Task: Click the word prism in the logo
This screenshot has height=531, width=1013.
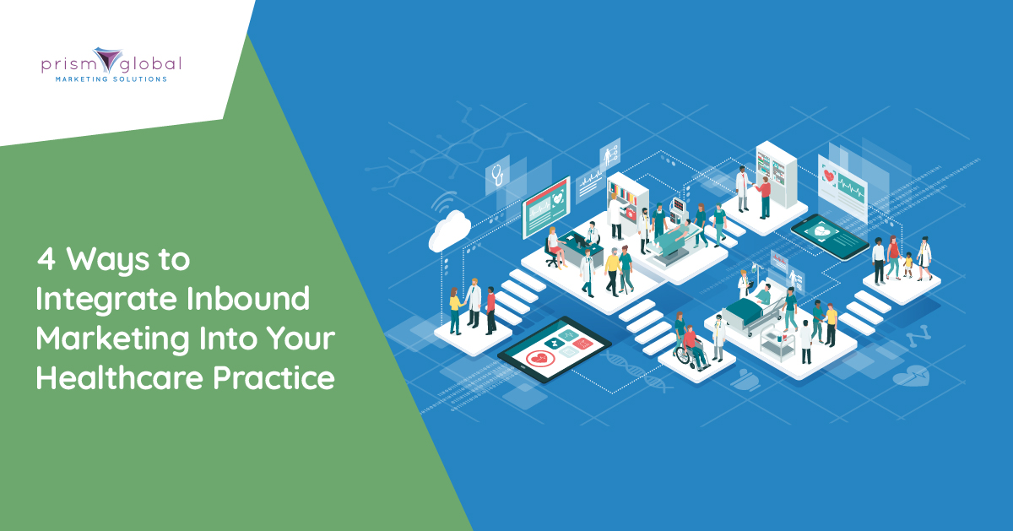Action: (67, 66)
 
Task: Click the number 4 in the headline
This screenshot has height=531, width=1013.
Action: (46, 260)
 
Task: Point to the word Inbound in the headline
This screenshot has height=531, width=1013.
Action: (248, 299)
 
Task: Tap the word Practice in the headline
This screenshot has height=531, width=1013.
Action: (274, 377)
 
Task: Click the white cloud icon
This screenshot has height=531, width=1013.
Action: (449, 230)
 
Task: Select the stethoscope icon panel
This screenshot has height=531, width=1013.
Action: (497, 175)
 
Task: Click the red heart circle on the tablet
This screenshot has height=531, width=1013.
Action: (540, 359)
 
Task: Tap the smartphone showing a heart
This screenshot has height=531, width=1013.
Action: (830, 237)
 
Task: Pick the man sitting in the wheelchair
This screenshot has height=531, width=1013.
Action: (692, 346)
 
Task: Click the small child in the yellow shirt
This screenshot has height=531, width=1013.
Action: (907, 264)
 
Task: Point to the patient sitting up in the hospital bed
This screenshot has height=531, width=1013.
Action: (764, 295)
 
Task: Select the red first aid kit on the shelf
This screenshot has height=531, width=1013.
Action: (630, 214)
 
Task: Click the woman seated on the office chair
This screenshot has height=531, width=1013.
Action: (555, 247)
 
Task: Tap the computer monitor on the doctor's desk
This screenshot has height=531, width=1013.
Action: (579, 240)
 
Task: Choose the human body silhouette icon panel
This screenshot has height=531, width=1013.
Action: (609, 153)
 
